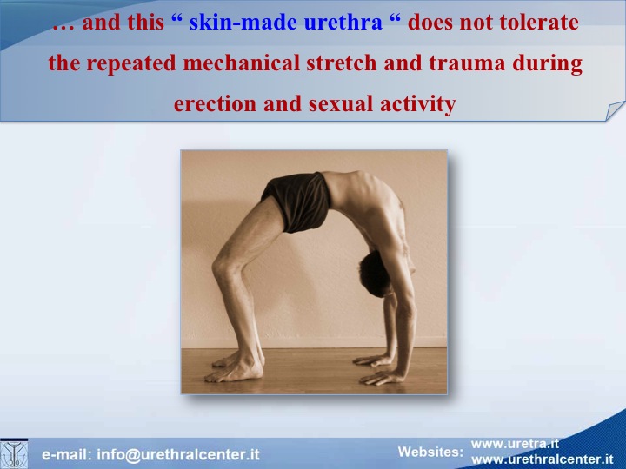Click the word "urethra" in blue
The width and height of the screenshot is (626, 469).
(343, 23)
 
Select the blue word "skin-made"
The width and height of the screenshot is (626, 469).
(243, 23)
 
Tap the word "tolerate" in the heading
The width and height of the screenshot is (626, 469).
(539, 23)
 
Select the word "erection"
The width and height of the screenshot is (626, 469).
(215, 103)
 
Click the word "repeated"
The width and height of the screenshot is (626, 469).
(131, 63)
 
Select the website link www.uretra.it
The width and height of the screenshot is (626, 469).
(515, 444)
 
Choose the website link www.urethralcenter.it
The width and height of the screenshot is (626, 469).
(543, 459)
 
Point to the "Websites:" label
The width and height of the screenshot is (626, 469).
(430, 452)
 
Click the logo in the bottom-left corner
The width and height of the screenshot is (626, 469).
(14, 454)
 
